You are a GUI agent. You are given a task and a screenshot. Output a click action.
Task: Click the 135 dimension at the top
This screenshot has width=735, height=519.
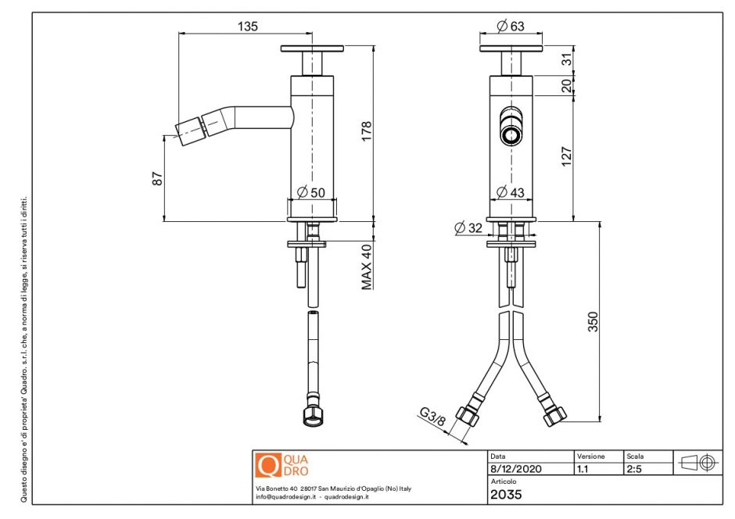click(247, 27)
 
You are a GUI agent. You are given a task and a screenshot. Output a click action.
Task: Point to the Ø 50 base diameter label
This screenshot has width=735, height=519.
click(312, 192)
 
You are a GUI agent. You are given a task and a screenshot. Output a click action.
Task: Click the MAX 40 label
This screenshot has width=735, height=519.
click(366, 266)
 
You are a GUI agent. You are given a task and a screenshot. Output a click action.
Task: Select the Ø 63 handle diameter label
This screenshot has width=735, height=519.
click(511, 27)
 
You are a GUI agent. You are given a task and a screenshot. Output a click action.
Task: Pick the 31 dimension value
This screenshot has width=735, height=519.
click(567, 58)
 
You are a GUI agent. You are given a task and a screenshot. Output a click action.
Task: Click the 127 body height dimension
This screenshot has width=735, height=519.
click(567, 156)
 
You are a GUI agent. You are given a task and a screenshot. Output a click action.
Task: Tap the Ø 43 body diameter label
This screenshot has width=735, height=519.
click(511, 192)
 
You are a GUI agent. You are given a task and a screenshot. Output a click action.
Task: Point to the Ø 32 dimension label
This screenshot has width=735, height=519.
click(468, 227)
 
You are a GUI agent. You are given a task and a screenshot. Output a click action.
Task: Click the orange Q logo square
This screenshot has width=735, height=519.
click(267, 467)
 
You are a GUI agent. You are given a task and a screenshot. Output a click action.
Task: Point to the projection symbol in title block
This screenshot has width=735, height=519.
click(699, 462)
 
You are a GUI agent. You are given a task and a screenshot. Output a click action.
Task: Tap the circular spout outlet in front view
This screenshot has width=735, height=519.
click(511, 135)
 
